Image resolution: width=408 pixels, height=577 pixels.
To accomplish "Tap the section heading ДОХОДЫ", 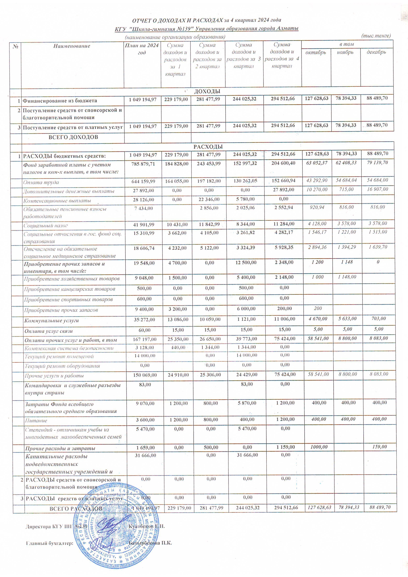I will click(207, 91).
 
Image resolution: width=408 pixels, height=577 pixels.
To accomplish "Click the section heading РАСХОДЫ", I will click(208, 147).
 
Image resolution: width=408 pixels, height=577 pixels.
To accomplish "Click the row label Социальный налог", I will click(46, 226).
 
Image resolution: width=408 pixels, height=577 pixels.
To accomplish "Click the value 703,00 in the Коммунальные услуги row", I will click(379, 319).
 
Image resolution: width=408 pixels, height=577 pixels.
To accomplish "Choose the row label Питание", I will click(36, 420).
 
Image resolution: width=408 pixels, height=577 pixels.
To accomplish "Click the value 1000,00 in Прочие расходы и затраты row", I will click(319, 447).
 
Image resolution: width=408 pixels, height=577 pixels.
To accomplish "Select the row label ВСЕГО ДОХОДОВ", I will click(73, 137).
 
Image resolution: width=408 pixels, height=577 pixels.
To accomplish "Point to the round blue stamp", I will click(116, 527).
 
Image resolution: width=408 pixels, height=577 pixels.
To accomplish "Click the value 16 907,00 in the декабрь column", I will click(377, 189).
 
